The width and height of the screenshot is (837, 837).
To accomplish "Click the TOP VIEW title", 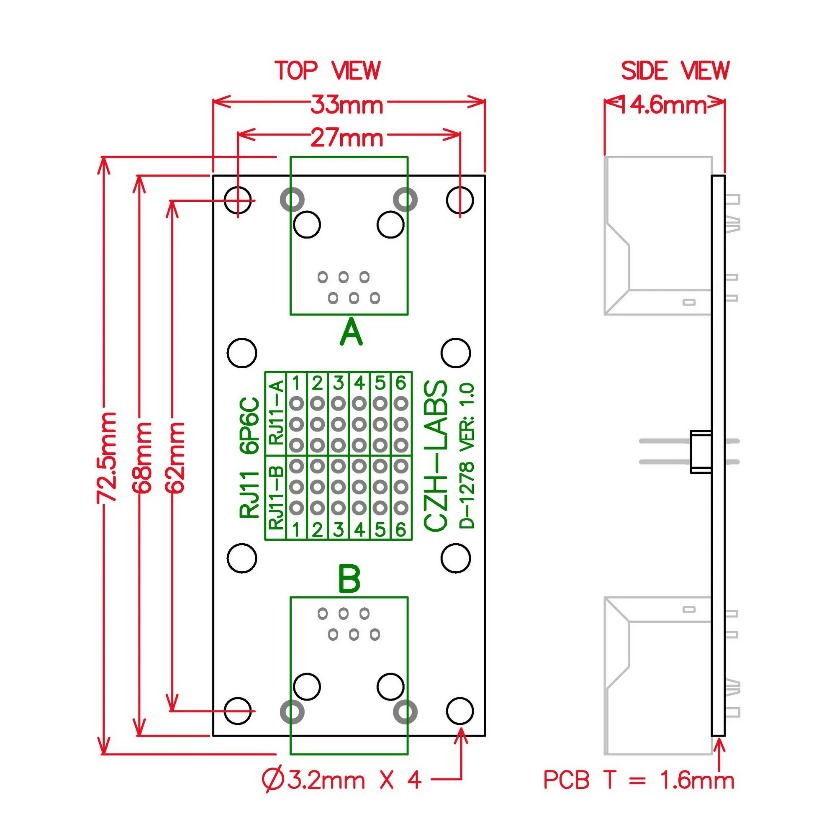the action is (x=328, y=71).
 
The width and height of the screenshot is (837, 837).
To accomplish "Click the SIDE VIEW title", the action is (x=675, y=71).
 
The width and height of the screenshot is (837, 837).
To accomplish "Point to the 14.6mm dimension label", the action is (x=664, y=105).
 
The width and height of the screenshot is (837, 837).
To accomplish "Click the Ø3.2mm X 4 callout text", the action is (x=341, y=780).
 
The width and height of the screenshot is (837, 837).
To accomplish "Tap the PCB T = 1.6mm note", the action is (x=639, y=780).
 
